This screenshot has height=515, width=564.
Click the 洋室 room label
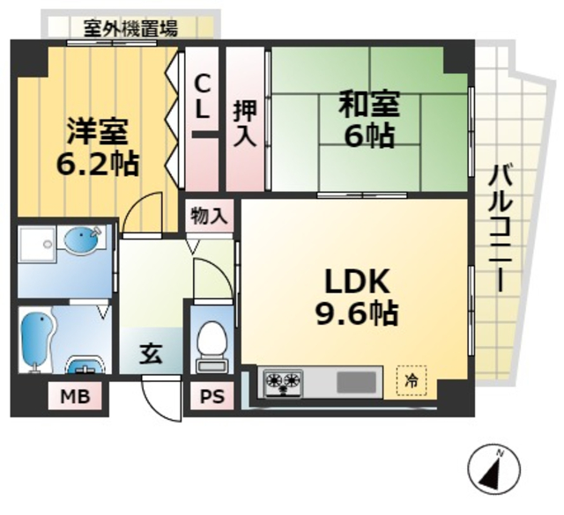98,132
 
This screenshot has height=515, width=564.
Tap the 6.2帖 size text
98,164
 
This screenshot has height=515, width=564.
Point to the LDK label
357,283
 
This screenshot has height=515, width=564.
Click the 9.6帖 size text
357,313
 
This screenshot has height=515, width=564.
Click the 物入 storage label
210,215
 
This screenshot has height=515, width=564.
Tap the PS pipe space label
211,397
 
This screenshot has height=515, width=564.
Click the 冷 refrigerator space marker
412,380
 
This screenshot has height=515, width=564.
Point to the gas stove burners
284,383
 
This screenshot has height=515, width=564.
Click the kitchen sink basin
355,382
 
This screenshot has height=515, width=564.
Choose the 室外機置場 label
130,28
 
